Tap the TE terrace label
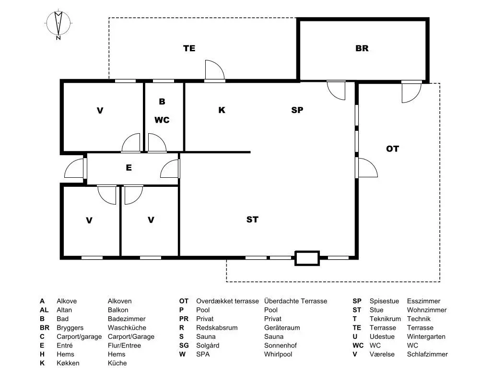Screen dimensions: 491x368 click(189, 48)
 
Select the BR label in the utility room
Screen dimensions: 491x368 click(362, 48)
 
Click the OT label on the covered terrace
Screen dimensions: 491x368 click(392, 149)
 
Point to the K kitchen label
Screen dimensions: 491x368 click(222, 110)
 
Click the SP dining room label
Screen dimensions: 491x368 click(297, 110)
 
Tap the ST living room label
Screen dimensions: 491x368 click(252, 219)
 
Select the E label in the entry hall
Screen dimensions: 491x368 click(129, 168)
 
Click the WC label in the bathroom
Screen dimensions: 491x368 click(162, 120)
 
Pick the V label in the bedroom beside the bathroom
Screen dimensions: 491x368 click(100, 111)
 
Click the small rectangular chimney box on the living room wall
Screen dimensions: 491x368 click(307, 258)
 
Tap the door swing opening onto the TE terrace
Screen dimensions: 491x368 click(215, 70)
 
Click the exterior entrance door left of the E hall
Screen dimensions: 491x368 click(74, 168)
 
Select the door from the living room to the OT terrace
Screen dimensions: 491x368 click(368, 168)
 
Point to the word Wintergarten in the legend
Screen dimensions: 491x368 click(426, 337)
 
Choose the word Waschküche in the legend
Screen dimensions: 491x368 click(127, 328)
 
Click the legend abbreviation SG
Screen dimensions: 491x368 click(184, 345)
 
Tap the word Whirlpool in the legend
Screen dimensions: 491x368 click(278, 354)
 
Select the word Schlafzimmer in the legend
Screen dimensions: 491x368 click(427, 354)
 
